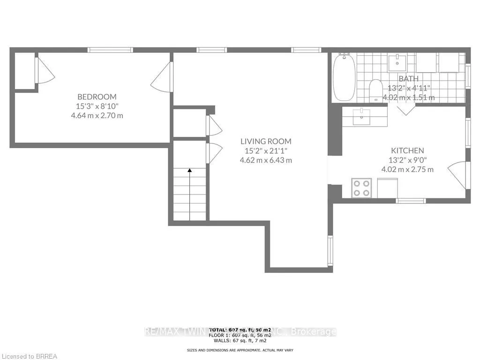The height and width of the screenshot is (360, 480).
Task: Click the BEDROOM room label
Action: click(x=97, y=97)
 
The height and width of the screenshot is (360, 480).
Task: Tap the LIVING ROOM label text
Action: click(x=266, y=141)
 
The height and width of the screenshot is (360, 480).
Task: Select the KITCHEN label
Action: click(x=407, y=150)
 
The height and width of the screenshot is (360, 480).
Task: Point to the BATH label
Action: click(x=408, y=78)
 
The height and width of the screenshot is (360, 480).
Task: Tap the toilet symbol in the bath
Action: click(x=376, y=90)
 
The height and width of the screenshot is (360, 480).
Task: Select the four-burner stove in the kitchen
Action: click(x=361, y=188)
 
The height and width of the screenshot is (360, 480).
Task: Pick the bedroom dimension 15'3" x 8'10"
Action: click(x=97, y=106)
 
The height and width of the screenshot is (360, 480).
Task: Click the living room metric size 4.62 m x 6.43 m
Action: click(x=266, y=160)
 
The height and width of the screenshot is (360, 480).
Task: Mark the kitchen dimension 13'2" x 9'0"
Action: click(x=407, y=160)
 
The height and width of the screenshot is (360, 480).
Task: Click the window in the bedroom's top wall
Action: click(x=110, y=50)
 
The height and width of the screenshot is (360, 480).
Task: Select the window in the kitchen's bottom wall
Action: click(x=411, y=201)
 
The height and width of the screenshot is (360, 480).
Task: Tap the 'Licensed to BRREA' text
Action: click(x=29, y=356)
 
